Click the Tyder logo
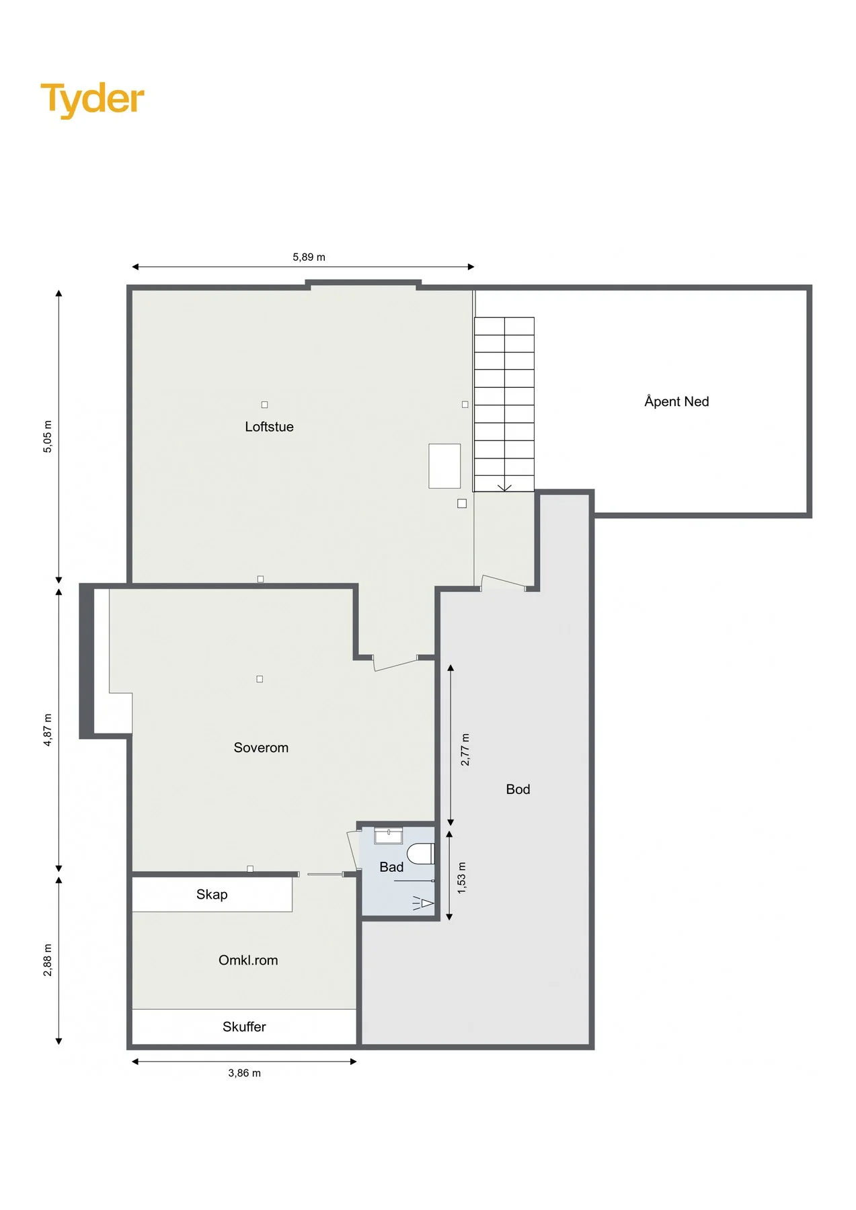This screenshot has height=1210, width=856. (x=92, y=99)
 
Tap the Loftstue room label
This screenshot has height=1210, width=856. (x=269, y=427)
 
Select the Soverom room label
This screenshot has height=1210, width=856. (x=261, y=748)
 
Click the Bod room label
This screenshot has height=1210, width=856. (x=518, y=789)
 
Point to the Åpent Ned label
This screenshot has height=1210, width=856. (x=676, y=401)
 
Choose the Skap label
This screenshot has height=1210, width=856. (x=212, y=895)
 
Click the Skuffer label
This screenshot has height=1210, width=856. (x=244, y=1026)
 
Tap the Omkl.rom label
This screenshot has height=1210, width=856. (x=248, y=961)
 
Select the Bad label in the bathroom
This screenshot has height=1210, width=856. (x=391, y=867)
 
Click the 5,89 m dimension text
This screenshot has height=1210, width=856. (x=309, y=257)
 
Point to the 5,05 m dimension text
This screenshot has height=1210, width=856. (x=48, y=436)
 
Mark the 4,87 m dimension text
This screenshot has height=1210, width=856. (x=48, y=730)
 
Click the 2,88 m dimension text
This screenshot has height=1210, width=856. (x=48, y=960)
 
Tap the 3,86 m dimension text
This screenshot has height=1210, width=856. (x=244, y=1073)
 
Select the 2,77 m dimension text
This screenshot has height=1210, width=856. (x=465, y=750)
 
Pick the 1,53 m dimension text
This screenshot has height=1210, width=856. (x=462, y=878)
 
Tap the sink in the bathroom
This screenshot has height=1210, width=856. (x=389, y=836)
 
